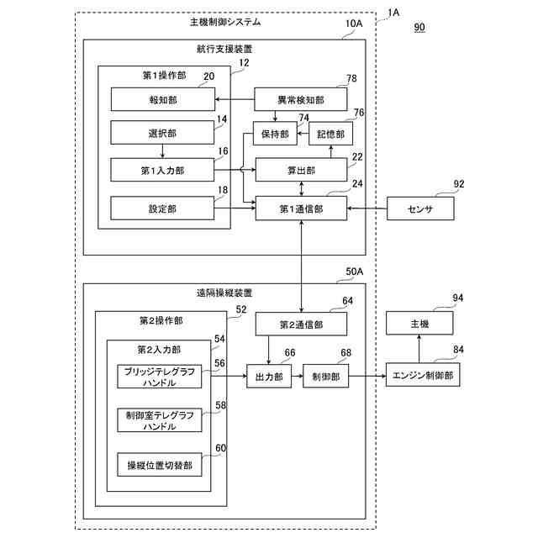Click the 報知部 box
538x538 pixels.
click(x=161, y=100)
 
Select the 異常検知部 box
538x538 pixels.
click(x=300, y=100)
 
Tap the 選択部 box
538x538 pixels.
click(x=161, y=134)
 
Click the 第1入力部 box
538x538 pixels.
click(x=161, y=170)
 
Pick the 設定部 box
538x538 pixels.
click(x=161, y=208)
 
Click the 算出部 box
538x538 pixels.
click(x=300, y=170)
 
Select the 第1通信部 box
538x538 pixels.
click(x=300, y=208)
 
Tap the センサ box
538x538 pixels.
click(x=419, y=208)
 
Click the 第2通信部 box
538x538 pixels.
click(x=300, y=324)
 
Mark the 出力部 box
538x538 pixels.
click(x=268, y=377)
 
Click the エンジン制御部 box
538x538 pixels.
click(x=423, y=377)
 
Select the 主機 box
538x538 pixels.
click(x=419, y=324)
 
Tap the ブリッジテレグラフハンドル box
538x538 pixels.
click(x=160, y=377)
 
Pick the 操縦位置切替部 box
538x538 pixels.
click(x=160, y=464)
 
